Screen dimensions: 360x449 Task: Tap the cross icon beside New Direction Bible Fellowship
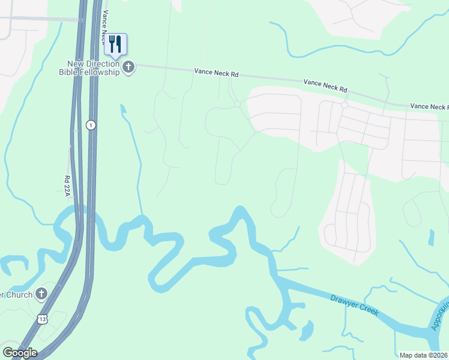(128, 68)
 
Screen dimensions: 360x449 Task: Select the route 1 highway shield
(91, 125)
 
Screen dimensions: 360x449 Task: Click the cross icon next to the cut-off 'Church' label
(41, 294)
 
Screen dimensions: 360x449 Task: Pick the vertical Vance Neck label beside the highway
(106, 22)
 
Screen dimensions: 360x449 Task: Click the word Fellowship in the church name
(99, 72)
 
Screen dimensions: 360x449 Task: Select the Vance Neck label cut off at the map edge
(429, 106)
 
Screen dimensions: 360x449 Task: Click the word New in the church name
(76, 64)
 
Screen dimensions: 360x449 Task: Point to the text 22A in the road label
(67, 191)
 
